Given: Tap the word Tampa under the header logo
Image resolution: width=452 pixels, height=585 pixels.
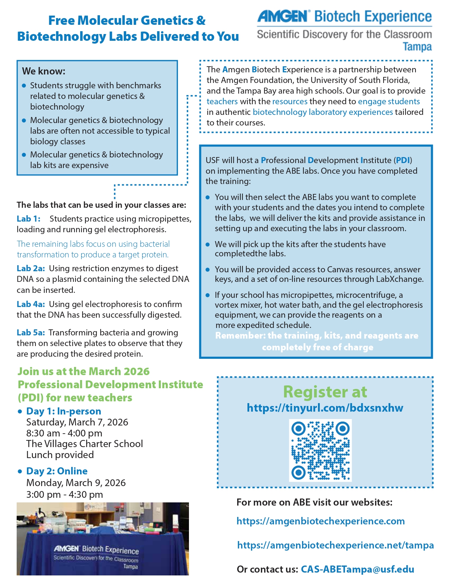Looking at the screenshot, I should tap(417, 47).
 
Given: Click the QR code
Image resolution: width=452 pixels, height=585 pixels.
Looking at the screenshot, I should tap(320, 450).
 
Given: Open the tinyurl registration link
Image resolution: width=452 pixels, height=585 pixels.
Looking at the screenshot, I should tap(325, 408).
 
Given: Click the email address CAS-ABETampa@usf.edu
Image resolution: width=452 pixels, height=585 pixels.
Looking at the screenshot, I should tap(357, 569).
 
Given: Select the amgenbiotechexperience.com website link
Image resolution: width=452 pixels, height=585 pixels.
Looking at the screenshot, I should tap(320, 521).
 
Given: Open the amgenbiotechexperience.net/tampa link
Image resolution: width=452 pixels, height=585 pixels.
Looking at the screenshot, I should tap(335, 545).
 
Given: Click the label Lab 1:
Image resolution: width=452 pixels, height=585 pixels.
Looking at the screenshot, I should tap(28, 219).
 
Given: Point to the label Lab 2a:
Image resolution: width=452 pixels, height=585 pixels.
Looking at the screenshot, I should tap(31, 268).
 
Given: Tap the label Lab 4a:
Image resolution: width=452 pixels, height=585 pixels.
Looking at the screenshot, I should tap(31, 304).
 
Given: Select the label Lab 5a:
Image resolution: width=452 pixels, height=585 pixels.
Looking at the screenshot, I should tap(31, 333).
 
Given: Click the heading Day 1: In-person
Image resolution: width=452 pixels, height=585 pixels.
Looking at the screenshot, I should tap(64, 411).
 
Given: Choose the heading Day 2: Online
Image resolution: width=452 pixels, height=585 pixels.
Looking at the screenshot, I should tap(57, 471).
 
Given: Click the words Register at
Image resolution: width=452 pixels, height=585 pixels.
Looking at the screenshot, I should tap(325, 392).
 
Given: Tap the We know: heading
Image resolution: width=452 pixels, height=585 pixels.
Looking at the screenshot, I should tap(44, 71).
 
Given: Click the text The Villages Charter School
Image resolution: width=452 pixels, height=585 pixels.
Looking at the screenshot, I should tap(84, 444).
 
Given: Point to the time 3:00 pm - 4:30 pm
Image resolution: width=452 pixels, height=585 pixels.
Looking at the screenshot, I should tap(65, 495).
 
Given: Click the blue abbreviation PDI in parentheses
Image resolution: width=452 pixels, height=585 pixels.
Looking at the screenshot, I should tap(403, 160).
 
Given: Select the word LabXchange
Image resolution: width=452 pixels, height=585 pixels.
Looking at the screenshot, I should tap(400, 279).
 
